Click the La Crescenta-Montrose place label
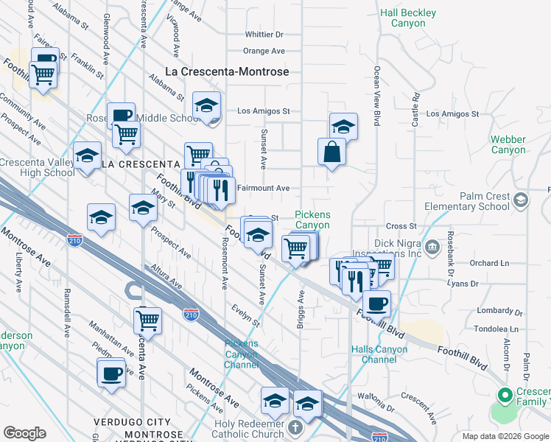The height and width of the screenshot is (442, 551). (x=226, y=72)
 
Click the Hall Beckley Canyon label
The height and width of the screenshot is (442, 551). (x=408, y=18)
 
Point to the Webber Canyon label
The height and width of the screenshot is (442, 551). (x=509, y=144)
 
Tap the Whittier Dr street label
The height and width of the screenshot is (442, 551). (x=264, y=35)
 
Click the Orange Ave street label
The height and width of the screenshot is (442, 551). (x=264, y=52)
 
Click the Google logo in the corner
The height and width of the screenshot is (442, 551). (x=24, y=432)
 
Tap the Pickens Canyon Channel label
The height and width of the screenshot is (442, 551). (x=242, y=354)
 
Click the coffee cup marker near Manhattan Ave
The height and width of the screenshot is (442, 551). (x=111, y=373)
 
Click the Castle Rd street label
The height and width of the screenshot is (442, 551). (x=416, y=107)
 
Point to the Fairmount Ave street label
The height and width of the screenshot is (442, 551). (x=262, y=189)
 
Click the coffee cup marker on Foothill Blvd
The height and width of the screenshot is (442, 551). (x=376, y=303)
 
